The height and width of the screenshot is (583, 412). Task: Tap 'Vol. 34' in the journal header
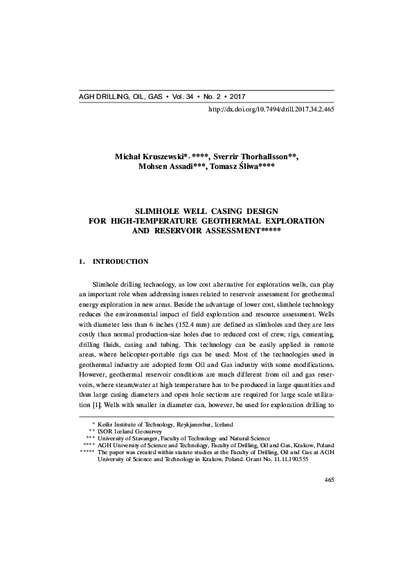pyautogui.click(x=186, y=96)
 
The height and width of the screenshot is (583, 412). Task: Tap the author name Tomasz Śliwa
pyautogui.click(x=231, y=168)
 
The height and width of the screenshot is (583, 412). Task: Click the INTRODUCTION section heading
pyautogui.click(x=120, y=262)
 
